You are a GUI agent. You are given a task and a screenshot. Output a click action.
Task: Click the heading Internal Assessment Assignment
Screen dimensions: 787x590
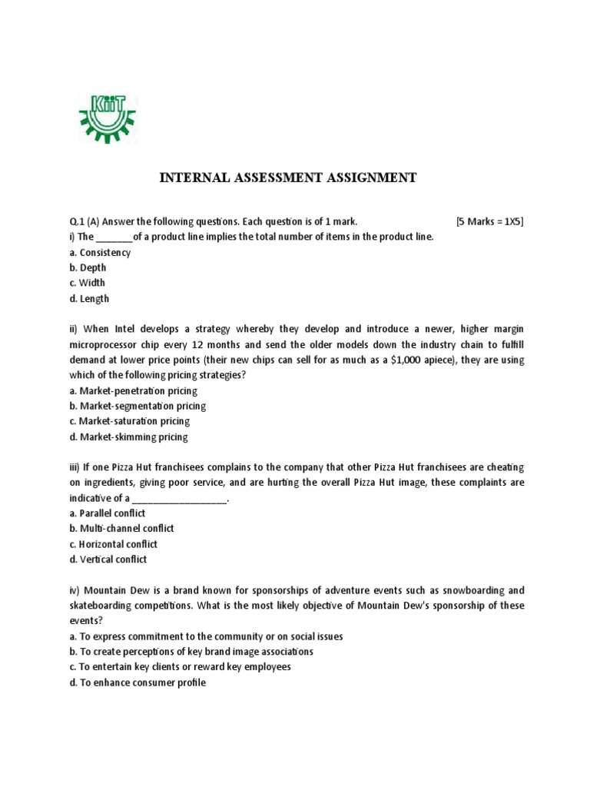point(287,178)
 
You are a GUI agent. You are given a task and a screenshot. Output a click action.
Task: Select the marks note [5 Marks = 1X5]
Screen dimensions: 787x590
point(489,221)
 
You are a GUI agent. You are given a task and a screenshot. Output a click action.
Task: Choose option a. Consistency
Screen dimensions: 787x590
point(100,252)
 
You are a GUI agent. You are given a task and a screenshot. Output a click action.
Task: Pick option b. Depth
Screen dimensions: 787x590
point(88,267)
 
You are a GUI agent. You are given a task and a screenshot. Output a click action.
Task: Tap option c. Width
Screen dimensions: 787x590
point(88,283)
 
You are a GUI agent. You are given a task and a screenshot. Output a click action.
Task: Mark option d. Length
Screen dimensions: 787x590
point(89,298)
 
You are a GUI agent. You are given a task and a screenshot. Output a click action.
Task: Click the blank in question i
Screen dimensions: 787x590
point(114,237)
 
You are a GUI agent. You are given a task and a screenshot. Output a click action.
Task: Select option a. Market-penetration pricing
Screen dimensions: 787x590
point(133,390)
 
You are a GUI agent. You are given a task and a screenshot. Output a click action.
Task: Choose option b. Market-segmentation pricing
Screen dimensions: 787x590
point(138,406)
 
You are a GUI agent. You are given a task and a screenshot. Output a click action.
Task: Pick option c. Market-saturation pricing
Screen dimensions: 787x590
point(129,421)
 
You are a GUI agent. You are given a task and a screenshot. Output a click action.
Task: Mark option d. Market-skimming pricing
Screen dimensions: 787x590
point(128,437)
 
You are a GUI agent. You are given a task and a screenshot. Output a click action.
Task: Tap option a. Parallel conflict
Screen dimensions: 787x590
point(107,513)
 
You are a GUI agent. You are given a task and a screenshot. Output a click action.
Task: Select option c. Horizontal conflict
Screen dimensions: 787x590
point(113,544)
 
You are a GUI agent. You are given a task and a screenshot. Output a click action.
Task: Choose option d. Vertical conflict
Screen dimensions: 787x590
point(108,560)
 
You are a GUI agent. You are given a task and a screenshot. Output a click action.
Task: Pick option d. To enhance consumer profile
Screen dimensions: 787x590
point(138,682)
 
